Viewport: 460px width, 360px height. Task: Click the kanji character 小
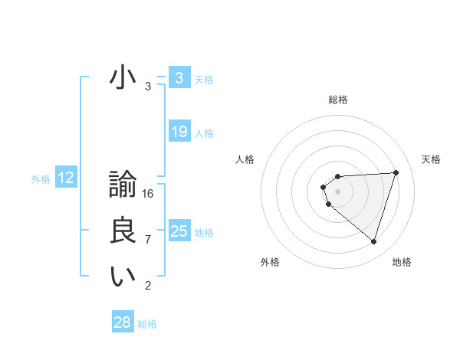pyautogui.click(x=123, y=78)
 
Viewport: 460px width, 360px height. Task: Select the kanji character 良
pyautogui.click(x=123, y=232)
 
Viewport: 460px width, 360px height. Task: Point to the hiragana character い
pyautogui.click(x=123, y=277)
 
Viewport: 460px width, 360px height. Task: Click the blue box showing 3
pyautogui.click(x=179, y=78)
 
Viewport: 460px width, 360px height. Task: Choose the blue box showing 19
pyautogui.click(x=179, y=132)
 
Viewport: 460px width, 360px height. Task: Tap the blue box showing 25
pyautogui.click(x=179, y=231)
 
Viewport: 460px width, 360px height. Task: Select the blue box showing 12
pyautogui.click(x=66, y=178)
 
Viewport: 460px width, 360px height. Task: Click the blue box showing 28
pyautogui.click(x=123, y=322)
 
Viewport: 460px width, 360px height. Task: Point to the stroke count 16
pyautogui.click(x=148, y=194)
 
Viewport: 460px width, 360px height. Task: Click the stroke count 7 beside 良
pyautogui.click(x=148, y=240)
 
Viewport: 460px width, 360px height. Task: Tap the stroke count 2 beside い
pyautogui.click(x=148, y=286)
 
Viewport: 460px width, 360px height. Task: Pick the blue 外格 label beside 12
pyautogui.click(x=41, y=179)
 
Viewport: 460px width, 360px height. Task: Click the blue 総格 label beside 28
pyautogui.click(x=147, y=324)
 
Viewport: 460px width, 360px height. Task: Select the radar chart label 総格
pyautogui.click(x=338, y=100)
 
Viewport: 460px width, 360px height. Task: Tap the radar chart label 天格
pyautogui.click(x=431, y=159)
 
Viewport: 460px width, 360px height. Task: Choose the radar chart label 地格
pyautogui.click(x=402, y=262)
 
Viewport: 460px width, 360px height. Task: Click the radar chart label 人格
pyautogui.click(x=245, y=159)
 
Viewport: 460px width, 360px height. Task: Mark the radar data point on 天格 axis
pyautogui.click(x=396, y=172)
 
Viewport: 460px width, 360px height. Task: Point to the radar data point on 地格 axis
pyautogui.click(x=373, y=242)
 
